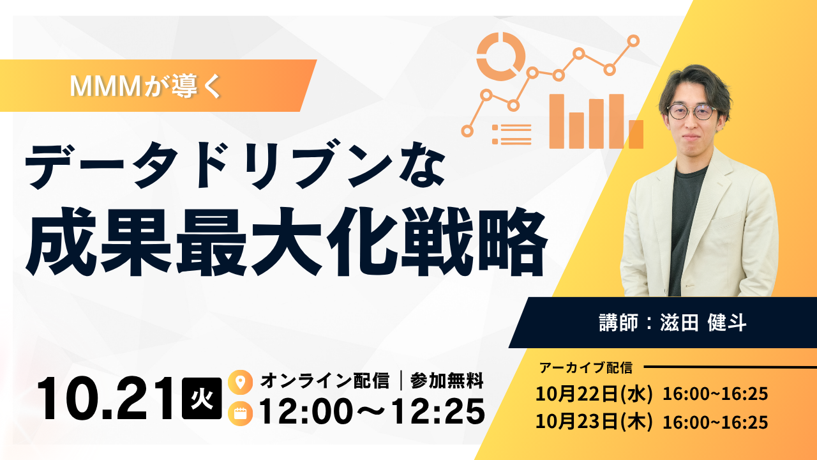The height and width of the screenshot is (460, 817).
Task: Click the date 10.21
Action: tap(106, 399)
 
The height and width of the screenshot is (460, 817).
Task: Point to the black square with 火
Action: tap(202, 398)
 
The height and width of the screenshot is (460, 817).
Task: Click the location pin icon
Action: tap(241, 382)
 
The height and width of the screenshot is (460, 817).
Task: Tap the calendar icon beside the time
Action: tap(241, 413)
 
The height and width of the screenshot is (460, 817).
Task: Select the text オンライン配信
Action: tap(325, 381)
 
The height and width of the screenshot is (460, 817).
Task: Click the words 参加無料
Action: tap(447, 381)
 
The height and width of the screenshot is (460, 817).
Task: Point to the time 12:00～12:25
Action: tap(372, 411)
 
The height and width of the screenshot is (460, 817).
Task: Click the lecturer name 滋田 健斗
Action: tap(703, 323)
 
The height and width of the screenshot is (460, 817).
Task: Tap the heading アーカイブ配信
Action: tap(586, 367)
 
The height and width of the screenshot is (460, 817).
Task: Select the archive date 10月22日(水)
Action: tap(594, 394)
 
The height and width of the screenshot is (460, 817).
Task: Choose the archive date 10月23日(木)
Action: tap(594, 422)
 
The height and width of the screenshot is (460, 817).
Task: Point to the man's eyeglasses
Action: tap(692, 112)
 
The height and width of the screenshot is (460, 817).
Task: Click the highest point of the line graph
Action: tap(634, 41)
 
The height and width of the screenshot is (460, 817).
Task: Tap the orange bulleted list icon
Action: tap(511, 134)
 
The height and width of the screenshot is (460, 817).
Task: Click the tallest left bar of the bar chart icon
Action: tap(557, 121)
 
